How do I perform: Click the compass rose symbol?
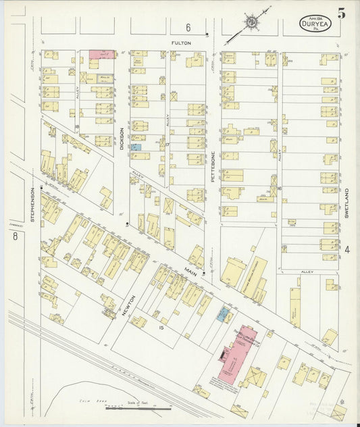(252, 22)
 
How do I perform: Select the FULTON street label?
(180, 43)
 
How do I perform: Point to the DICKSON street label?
(122, 139)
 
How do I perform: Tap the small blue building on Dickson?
(136, 147)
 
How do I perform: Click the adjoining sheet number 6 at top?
(188, 28)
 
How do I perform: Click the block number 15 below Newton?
(161, 328)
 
